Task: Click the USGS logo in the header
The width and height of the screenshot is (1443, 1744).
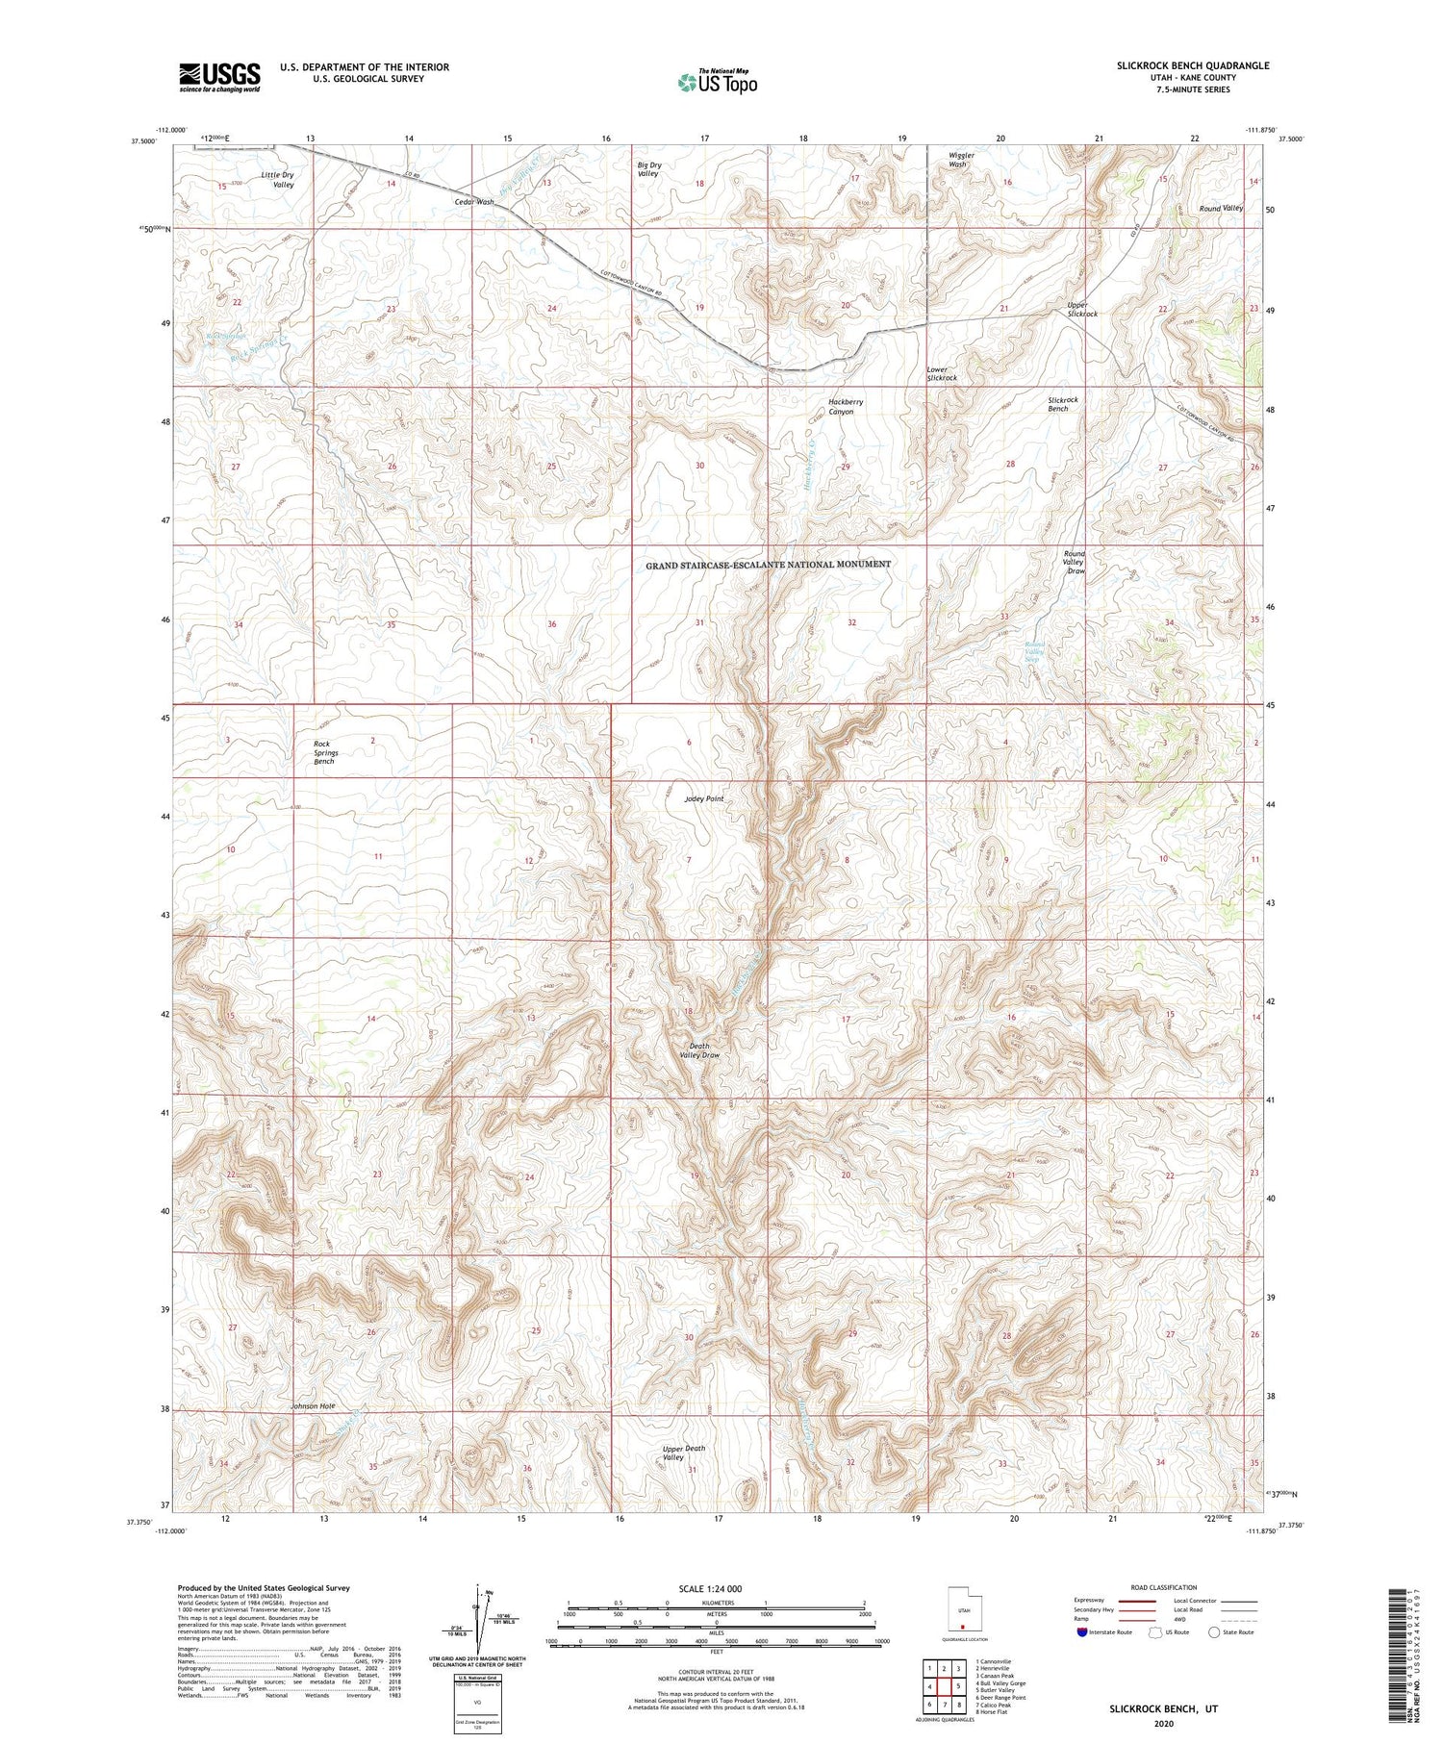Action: [x=219, y=77]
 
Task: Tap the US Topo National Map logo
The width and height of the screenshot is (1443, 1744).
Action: [x=718, y=82]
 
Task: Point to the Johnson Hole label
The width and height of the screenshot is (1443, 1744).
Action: [x=313, y=1406]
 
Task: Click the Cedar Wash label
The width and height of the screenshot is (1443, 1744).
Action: [x=474, y=202]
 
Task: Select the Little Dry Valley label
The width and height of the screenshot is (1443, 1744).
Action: [x=277, y=179]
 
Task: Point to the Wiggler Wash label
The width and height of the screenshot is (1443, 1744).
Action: [x=960, y=160]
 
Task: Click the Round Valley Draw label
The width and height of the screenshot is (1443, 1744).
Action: [x=1075, y=562]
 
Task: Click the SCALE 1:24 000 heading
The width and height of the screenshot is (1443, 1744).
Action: [x=712, y=1589]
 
